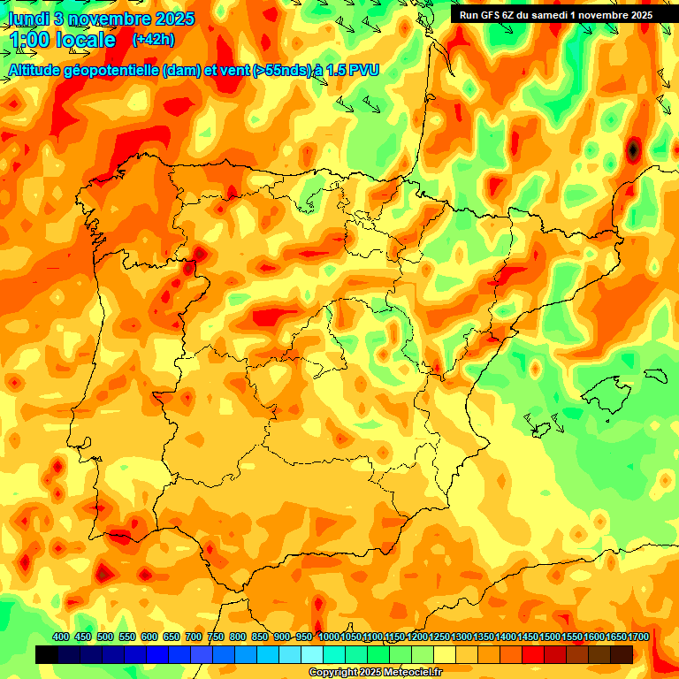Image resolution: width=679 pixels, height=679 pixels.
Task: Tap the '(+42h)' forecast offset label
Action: tap(153, 39)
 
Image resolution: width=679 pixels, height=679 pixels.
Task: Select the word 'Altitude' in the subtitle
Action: tap(40, 70)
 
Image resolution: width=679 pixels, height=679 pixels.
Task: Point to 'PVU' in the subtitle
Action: tap(363, 70)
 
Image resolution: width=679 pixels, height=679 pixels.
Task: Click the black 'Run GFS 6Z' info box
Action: tap(555, 14)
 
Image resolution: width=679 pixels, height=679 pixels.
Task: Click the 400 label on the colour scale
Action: tap(61, 637)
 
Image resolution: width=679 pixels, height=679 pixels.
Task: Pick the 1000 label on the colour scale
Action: tap(328, 637)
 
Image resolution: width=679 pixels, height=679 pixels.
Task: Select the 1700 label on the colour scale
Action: tap(615, 637)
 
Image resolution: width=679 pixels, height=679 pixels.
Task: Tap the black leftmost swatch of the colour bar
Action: tap(47, 654)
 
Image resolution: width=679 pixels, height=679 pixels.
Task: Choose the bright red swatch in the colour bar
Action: tap(533, 654)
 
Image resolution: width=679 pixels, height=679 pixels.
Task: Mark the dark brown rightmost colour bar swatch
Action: tap(622, 654)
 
